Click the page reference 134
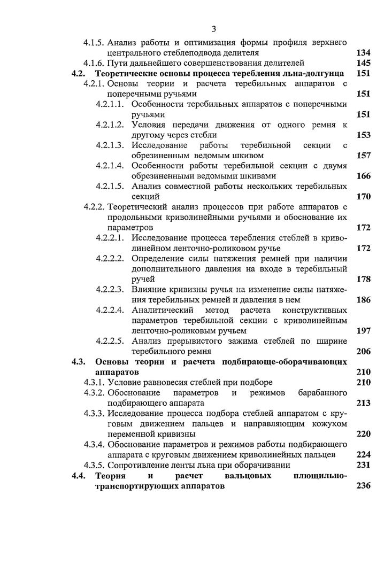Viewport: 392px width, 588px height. pyautogui.click(x=363, y=52)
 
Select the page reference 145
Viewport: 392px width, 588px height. pyautogui.click(x=363, y=63)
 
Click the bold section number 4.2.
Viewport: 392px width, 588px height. pyautogui.click(x=79, y=73)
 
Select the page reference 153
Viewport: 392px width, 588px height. pyautogui.click(x=363, y=135)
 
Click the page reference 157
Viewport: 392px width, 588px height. pyautogui.click(x=363, y=156)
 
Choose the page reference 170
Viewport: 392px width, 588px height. pyautogui.click(x=363, y=197)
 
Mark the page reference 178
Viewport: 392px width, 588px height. pyautogui.click(x=363, y=279)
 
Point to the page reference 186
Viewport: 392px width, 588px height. pyautogui.click(x=363, y=300)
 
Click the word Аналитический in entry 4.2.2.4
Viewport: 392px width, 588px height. pyautogui.click(x=159, y=310)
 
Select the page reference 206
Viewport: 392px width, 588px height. pyautogui.click(x=363, y=351)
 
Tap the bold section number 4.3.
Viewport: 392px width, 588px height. pyautogui.click(x=79, y=361)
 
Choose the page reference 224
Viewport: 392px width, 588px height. pyautogui.click(x=363, y=454)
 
